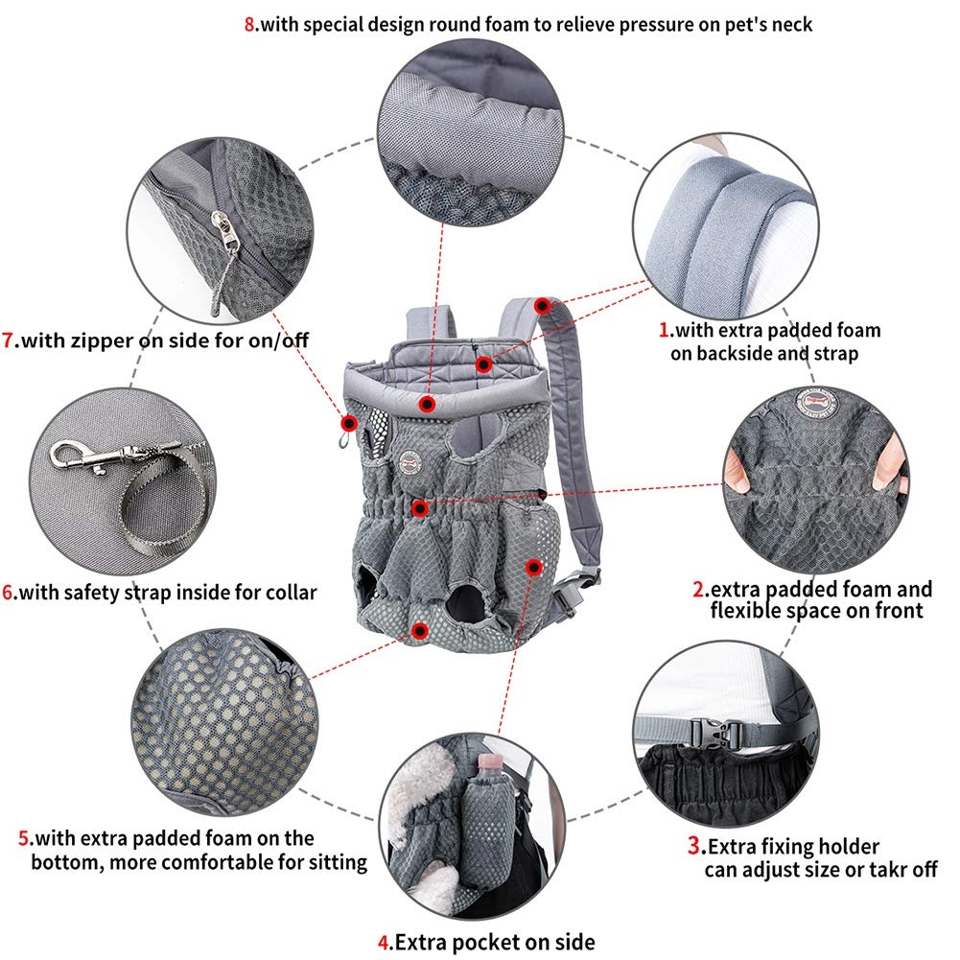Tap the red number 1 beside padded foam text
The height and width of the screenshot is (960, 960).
click(x=663, y=331)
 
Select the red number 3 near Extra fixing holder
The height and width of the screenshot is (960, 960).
click(x=693, y=847)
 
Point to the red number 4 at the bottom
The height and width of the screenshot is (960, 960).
click(x=384, y=942)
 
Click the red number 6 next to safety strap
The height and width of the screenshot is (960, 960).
click(x=8, y=592)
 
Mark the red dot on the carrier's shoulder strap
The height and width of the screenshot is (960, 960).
click(x=543, y=306)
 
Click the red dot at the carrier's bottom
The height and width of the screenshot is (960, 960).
click(x=419, y=630)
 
